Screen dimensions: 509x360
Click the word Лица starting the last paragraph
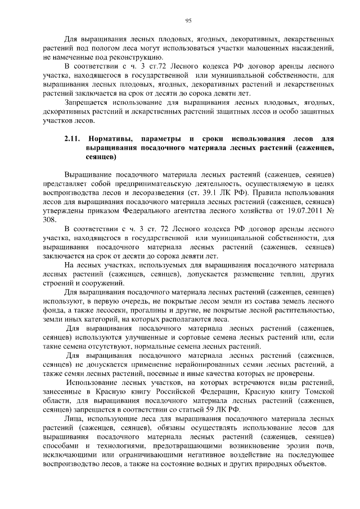pyautogui.click(x=74, y=419)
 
